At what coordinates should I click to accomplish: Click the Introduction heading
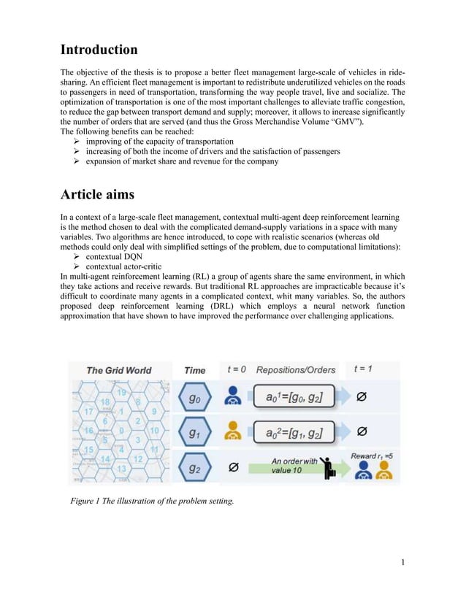pyautogui.click(x=99, y=50)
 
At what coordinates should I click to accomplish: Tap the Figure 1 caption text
pyautogui.click(x=151, y=500)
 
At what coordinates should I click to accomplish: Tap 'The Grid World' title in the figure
pyautogui.click(x=118, y=370)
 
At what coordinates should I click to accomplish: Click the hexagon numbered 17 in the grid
pyautogui.click(x=89, y=412)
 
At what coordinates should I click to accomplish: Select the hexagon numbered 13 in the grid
pyautogui.click(x=121, y=468)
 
